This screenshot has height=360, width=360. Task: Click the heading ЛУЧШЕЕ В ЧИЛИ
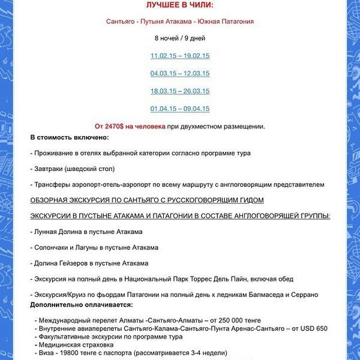click(180, 5)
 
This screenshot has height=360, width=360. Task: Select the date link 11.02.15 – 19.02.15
click(180, 56)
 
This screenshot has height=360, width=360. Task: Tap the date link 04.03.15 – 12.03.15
click(180, 73)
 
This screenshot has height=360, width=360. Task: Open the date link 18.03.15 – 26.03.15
click(180, 91)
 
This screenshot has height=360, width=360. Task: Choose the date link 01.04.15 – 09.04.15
click(180, 109)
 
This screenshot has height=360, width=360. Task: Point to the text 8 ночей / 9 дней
click(180, 38)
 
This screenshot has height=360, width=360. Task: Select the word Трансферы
click(55, 184)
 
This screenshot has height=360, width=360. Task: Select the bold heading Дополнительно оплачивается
click(85, 305)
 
